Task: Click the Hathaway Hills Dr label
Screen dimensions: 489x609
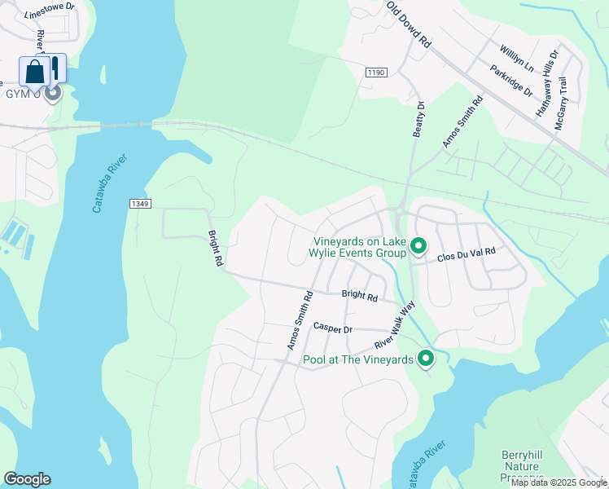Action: [546, 81]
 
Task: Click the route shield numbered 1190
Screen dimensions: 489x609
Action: [375, 73]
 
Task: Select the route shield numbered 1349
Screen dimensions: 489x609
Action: [138, 203]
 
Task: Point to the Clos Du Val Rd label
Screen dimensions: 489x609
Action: [466, 254]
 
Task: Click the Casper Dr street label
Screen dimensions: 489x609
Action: [332, 328]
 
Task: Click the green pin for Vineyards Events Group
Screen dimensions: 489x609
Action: [418, 245]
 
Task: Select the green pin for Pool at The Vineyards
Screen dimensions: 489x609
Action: [426, 358]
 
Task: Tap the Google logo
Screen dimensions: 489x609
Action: [27, 479]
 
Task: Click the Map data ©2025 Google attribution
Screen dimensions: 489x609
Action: [559, 483]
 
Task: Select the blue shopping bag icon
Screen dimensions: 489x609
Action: [36, 72]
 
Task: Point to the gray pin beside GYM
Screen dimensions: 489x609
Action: [53, 93]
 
